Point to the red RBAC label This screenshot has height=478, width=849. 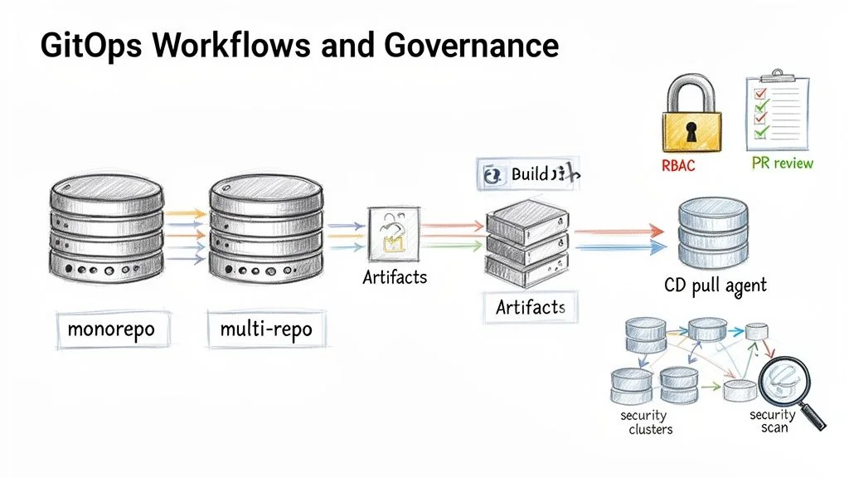click(x=678, y=166)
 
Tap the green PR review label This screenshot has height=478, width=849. click(x=782, y=163)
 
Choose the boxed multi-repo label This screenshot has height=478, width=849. click(x=266, y=329)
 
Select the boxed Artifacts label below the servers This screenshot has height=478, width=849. click(x=531, y=308)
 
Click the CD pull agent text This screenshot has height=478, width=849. click(x=716, y=285)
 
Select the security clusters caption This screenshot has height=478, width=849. click(x=646, y=422)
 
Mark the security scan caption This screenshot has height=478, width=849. click(x=772, y=422)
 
